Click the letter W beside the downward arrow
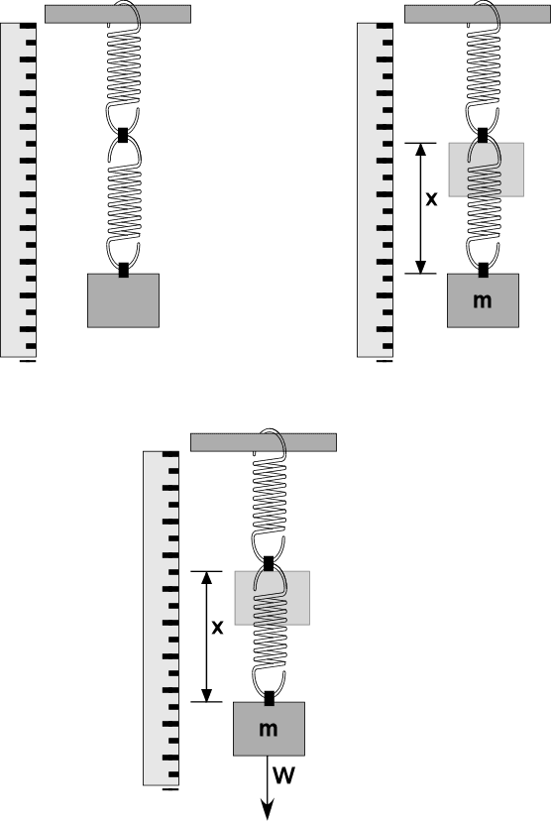284,775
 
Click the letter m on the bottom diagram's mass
269,729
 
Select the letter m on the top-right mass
483,300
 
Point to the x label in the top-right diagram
431,199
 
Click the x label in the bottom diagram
217,628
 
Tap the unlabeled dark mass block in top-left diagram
124,300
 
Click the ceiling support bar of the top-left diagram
118,14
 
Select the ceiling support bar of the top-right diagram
478,14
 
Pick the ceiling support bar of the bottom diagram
264,442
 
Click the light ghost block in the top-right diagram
487,170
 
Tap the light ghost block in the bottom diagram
273,598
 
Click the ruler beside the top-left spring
18,190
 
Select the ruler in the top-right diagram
375,190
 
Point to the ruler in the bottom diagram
162,619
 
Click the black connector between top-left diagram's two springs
124,135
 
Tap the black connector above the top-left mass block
124,270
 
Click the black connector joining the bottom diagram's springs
269,563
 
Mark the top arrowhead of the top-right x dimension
421,150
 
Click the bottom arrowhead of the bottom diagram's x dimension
207,694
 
